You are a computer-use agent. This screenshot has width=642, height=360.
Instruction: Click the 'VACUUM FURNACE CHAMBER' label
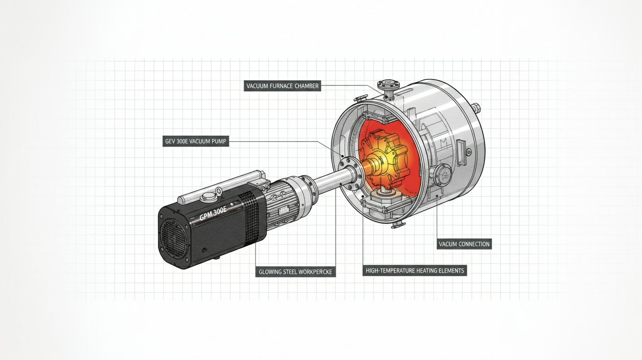click(x=282, y=86)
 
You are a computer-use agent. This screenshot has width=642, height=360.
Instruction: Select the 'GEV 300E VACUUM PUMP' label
click(x=196, y=141)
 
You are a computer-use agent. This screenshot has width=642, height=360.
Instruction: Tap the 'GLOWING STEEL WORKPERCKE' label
click(x=296, y=272)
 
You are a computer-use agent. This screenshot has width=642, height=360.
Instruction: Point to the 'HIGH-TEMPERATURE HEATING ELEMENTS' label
click(x=415, y=270)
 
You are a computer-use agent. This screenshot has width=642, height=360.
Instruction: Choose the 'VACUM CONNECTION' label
click(x=464, y=244)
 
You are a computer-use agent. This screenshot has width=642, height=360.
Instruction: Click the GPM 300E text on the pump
click(x=213, y=214)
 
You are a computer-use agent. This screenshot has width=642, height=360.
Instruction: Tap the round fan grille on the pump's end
click(x=174, y=238)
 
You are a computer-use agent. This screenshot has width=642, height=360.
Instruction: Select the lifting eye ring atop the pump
click(x=218, y=190)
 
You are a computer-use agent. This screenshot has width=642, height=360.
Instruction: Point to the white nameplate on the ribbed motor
click(x=284, y=211)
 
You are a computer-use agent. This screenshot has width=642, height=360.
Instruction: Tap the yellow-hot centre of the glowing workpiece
click(x=378, y=163)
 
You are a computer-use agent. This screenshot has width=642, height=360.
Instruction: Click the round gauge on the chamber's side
click(x=443, y=175)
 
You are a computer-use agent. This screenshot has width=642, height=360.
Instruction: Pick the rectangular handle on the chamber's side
click(x=461, y=152)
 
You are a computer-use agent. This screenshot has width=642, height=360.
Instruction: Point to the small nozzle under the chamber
click(x=399, y=225)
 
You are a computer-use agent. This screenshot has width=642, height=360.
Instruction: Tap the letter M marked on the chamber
click(x=443, y=141)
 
